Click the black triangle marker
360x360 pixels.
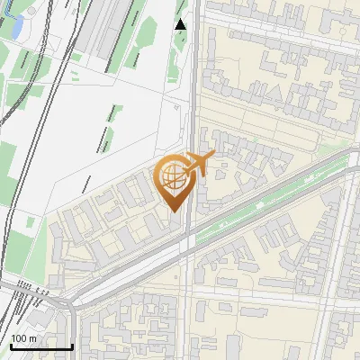pyautogui.click(x=181, y=24)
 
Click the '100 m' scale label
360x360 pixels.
pyautogui.click(x=24, y=338)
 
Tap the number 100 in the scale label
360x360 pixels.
pyautogui.click(x=20, y=338)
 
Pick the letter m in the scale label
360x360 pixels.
pyautogui.click(x=33, y=338)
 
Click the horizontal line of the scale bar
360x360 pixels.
pyautogui.click(x=41, y=346)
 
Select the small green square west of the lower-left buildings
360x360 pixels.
pyautogui.click(x=32, y=222)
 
